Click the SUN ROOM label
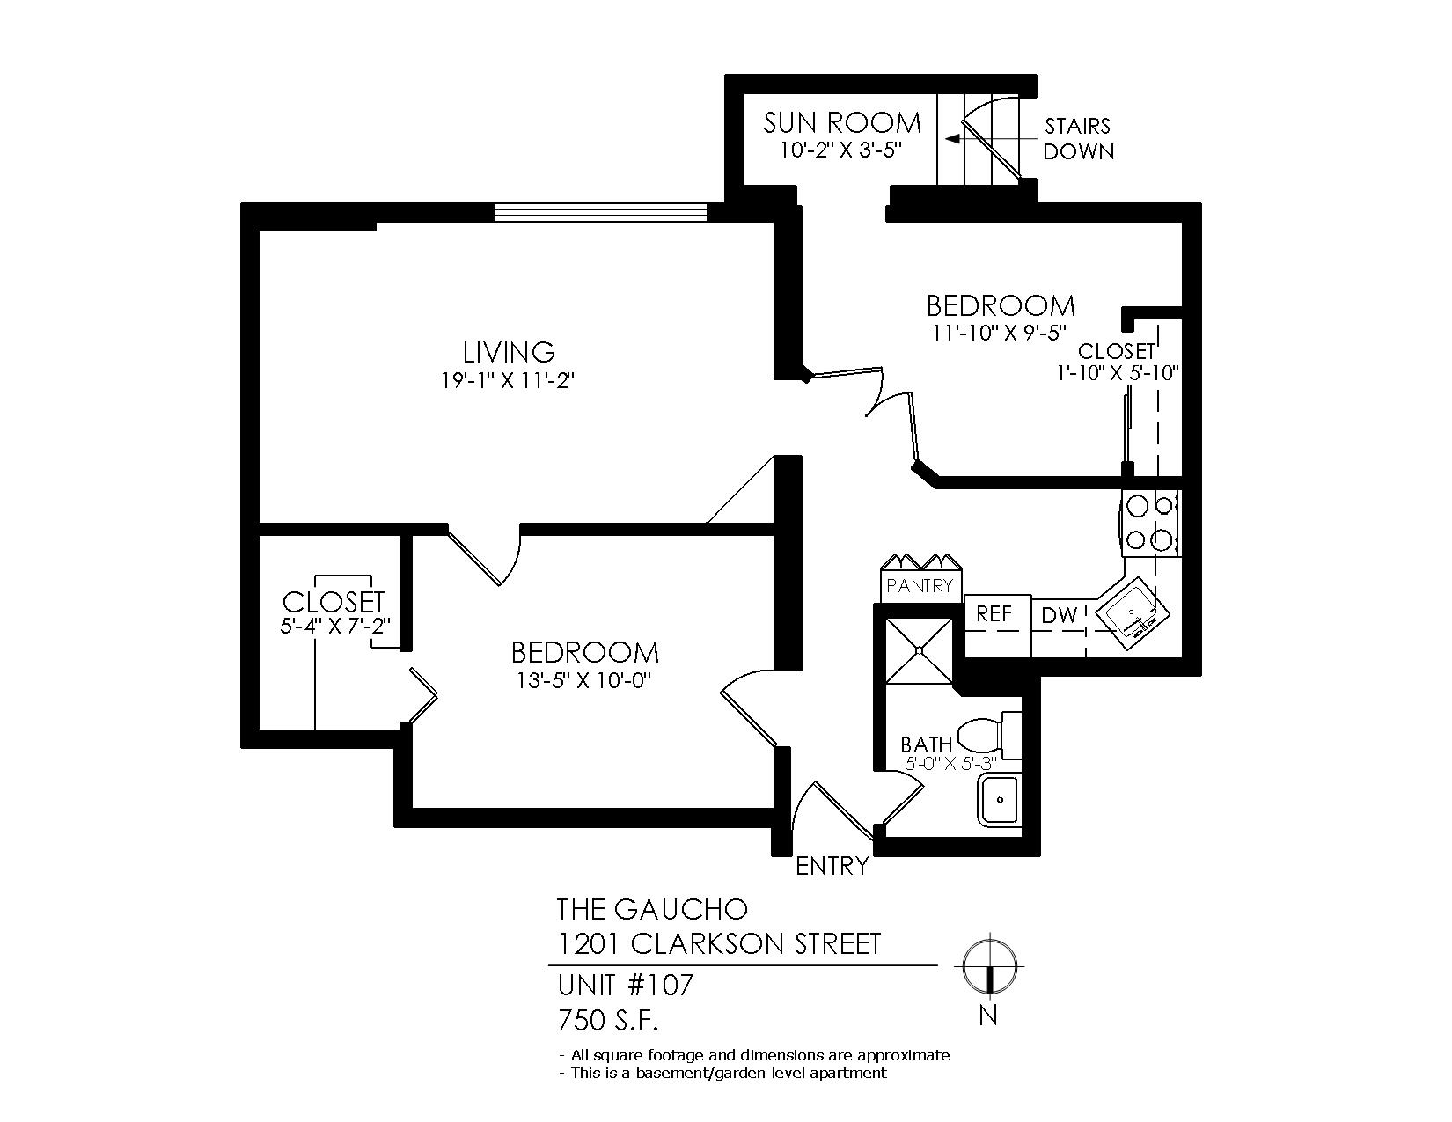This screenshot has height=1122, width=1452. click(842, 123)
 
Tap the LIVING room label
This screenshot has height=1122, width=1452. click(510, 351)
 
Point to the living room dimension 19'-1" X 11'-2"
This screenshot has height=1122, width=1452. click(508, 381)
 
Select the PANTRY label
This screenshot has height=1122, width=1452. click(920, 586)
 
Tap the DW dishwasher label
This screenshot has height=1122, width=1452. click(1060, 615)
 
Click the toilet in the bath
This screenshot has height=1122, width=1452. click(990, 736)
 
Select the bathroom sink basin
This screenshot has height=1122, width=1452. click(1000, 800)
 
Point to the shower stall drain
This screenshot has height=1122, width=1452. click(920, 649)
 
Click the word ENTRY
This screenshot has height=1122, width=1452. click(832, 866)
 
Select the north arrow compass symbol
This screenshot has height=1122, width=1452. click(988, 966)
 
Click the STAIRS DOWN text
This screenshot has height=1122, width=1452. click(1079, 139)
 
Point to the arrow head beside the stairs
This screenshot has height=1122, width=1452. click(951, 139)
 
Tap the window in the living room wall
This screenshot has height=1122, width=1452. click(601, 212)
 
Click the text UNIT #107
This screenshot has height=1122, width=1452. click(626, 985)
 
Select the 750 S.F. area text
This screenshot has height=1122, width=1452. click(608, 1021)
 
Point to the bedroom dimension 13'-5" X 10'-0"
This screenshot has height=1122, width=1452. click(583, 681)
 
